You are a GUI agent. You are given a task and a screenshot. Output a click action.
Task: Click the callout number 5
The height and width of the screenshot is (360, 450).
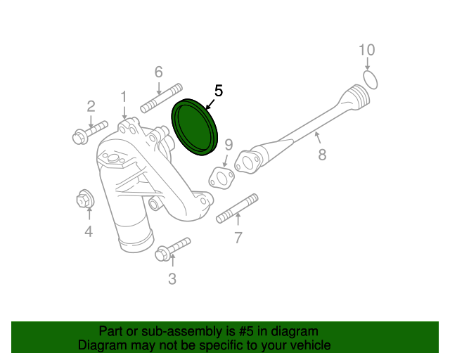pyautogui.click(x=218, y=91)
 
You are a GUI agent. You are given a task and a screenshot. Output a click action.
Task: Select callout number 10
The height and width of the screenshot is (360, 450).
pyautogui.click(x=367, y=50)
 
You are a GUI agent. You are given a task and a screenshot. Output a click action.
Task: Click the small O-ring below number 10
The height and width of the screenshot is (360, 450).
pyautogui.click(x=372, y=79)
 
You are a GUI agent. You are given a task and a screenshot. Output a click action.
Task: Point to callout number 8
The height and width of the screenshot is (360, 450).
pyautogui.click(x=322, y=155)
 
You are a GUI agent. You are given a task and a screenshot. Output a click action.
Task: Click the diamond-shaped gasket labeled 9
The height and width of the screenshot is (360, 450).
pyautogui.click(x=222, y=178)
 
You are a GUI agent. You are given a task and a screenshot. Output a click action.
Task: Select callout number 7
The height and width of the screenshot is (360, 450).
pyautogui.click(x=238, y=238)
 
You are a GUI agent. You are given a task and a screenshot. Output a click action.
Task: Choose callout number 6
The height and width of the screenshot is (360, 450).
pyautogui.click(x=158, y=72)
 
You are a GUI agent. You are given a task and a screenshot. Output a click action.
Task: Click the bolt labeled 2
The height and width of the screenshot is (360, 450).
pyautogui.click(x=88, y=131)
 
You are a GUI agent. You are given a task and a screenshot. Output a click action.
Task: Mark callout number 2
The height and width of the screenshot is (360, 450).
pyautogui.click(x=91, y=106)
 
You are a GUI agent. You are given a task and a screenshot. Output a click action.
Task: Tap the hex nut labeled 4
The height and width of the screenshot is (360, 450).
pyautogui.click(x=85, y=200)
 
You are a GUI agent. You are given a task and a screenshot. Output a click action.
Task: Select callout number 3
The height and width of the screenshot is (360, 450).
pyautogui.click(x=172, y=279)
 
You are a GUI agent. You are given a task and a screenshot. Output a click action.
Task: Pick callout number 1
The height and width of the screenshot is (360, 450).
pyautogui.click(x=124, y=96)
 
